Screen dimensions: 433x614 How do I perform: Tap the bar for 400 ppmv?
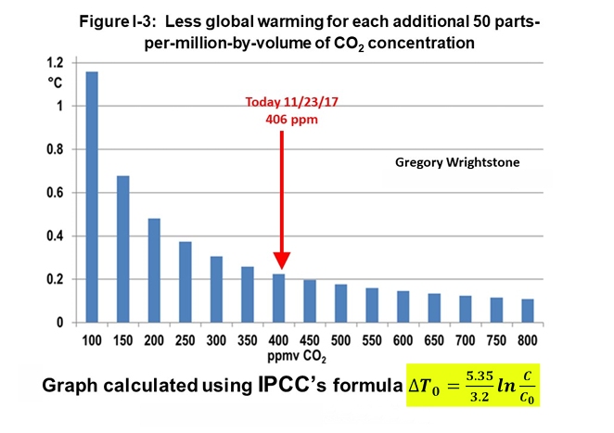pos(278,298)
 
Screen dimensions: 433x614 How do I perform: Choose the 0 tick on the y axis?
pos(59,323)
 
